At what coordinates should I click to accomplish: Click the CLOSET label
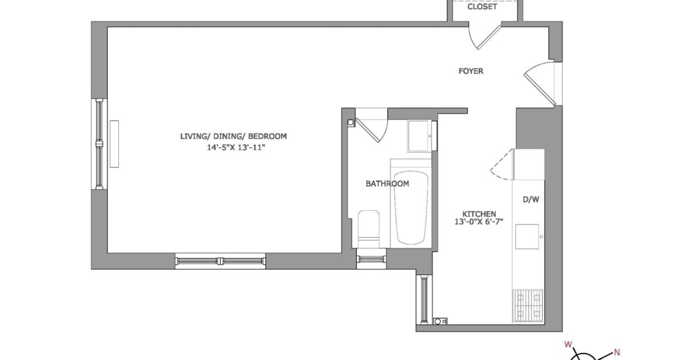(482, 7)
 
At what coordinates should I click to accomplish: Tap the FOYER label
(471, 71)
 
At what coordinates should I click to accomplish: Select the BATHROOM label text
(387, 183)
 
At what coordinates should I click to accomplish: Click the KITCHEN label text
(479, 214)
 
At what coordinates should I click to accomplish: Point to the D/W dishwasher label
(532, 200)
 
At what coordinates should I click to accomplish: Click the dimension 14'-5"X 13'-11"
(236, 147)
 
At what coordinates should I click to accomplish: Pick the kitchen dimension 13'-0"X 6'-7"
(479, 222)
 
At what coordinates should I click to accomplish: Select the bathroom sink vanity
(420, 136)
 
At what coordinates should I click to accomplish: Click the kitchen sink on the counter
(527, 236)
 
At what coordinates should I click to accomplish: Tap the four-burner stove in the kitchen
(528, 305)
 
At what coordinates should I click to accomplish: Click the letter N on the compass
(617, 352)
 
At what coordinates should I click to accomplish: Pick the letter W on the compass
(568, 345)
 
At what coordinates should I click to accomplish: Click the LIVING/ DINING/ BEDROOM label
(233, 136)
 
